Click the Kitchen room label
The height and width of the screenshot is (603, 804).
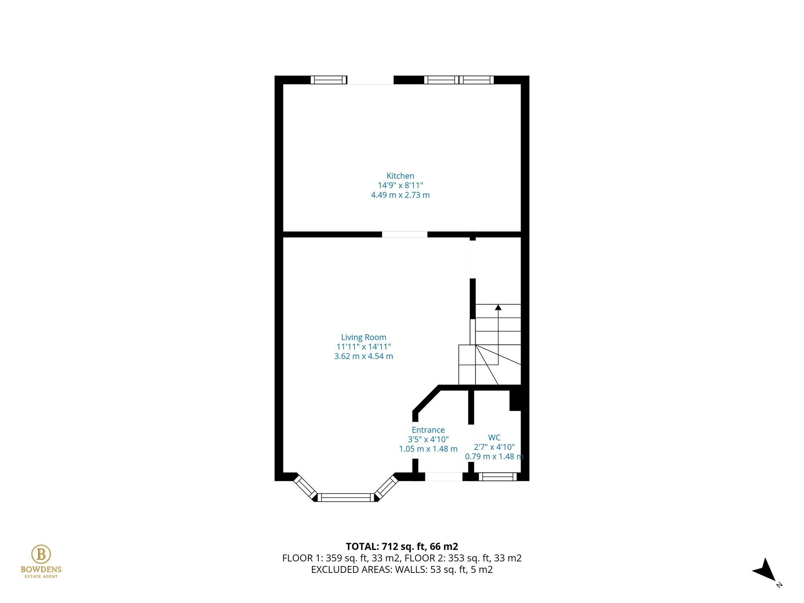click(x=400, y=176)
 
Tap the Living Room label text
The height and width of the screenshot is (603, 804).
click(x=363, y=337)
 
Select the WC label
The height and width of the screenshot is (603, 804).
click(x=494, y=437)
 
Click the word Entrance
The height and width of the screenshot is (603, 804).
click(x=428, y=430)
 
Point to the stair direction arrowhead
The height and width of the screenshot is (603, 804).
click(x=498, y=308)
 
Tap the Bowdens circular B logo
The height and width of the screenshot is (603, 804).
click(x=41, y=554)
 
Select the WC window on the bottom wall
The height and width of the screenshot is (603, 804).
click(x=497, y=477)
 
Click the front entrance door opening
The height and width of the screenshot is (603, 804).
click(x=444, y=477)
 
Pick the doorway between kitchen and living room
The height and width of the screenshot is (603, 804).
click(x=404, y=234)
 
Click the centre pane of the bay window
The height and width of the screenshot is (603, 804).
click(x=346, y=498)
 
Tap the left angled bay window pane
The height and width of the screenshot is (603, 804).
click(x=305, y=487)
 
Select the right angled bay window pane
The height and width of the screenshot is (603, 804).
click(x=386, y=487)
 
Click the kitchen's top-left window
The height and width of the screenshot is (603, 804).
click(x=328, y=80)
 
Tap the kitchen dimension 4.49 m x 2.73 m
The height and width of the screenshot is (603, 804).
click(x=400, y=195)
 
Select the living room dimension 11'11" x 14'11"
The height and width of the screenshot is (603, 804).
click(x=363, y=347)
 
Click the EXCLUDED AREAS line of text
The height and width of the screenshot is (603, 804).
click(x=402, y=570)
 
